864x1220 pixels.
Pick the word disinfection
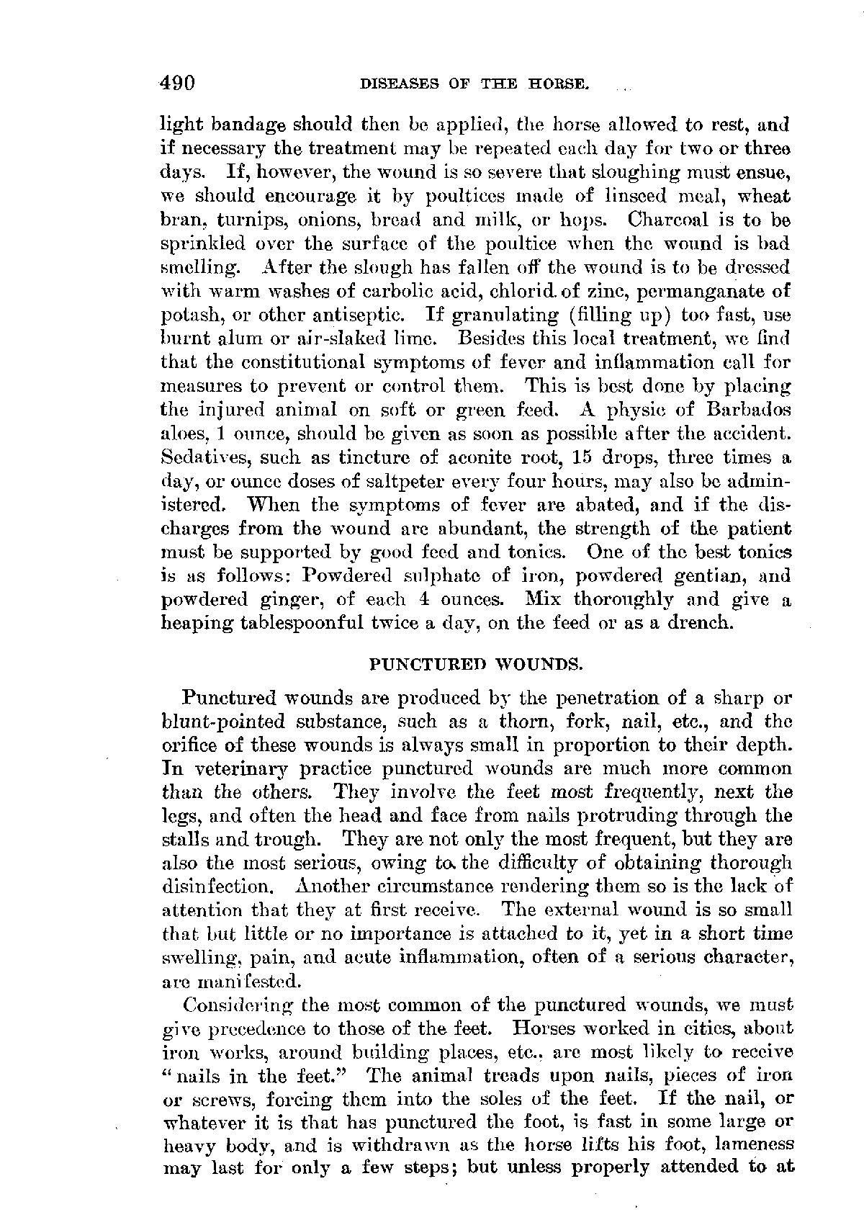(218, 887)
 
